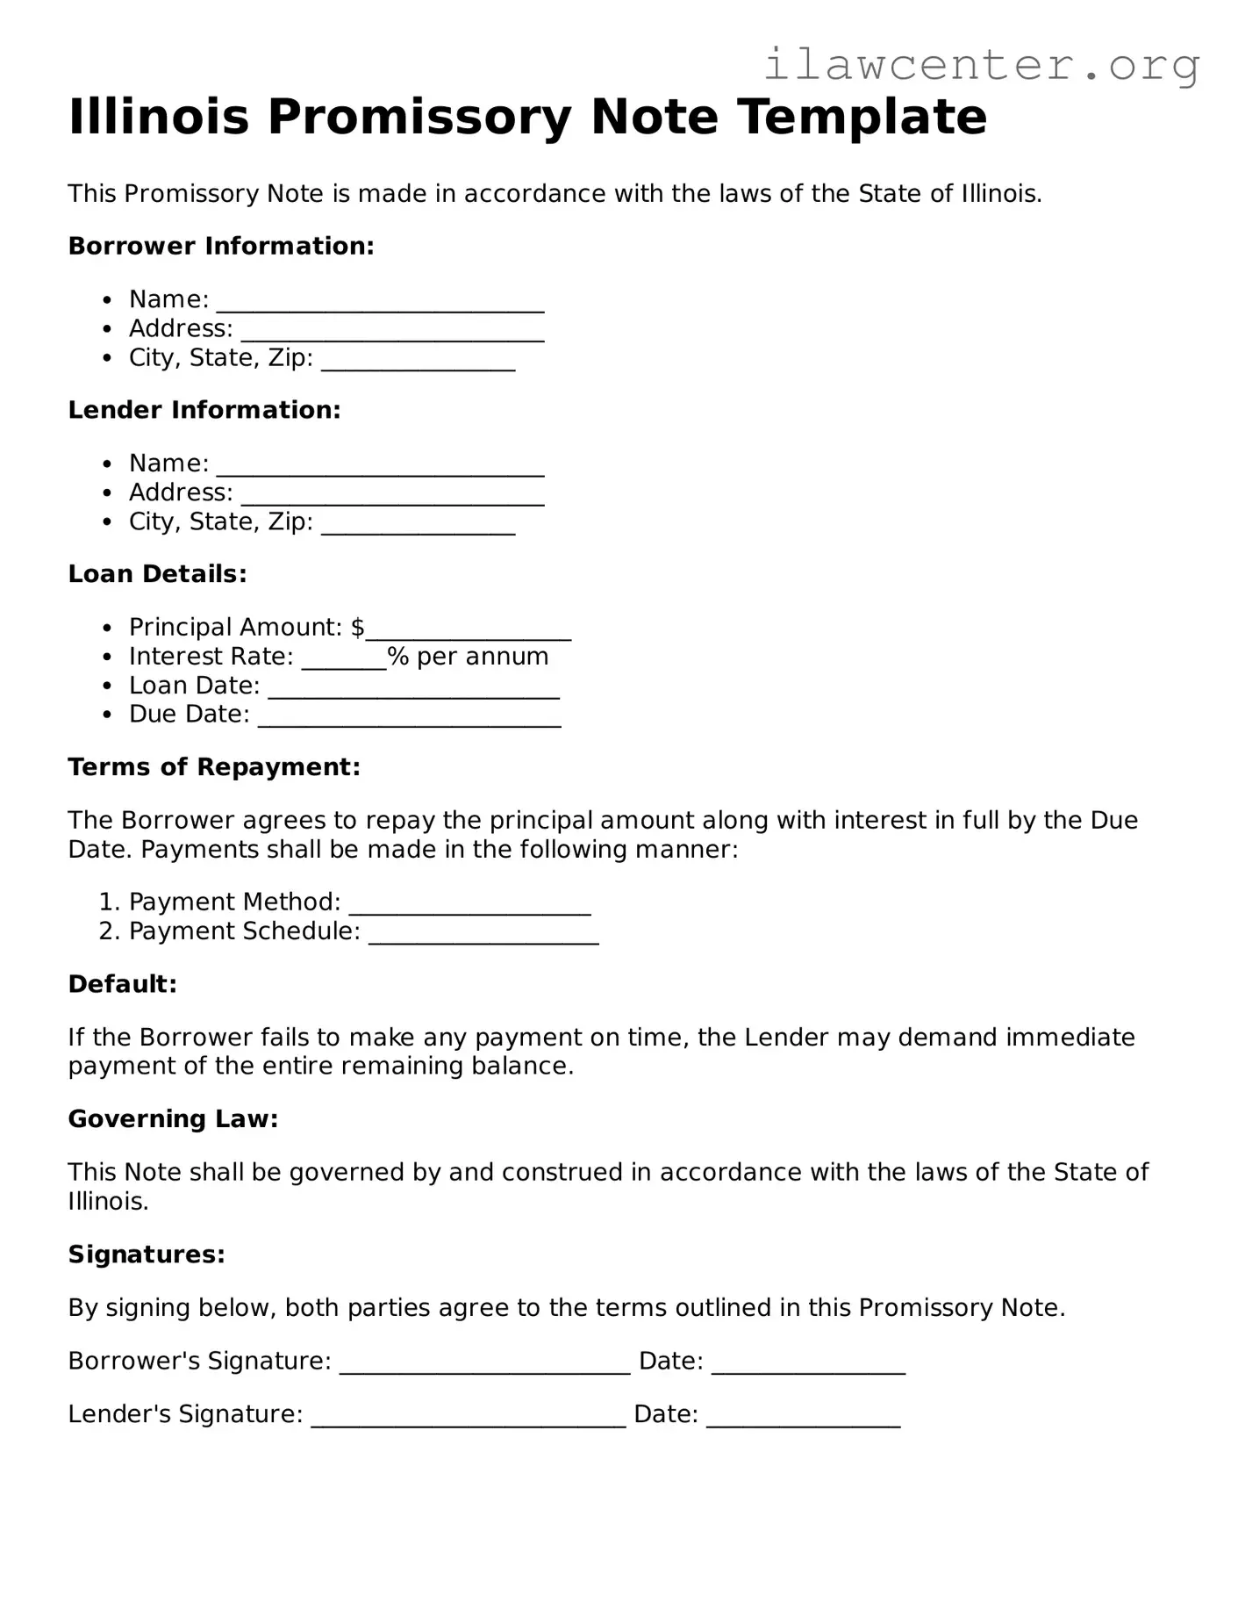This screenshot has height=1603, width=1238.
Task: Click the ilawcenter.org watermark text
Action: click(981, 66)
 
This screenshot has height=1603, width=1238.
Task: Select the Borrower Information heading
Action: click(221, 246)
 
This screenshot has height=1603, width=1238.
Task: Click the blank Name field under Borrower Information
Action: click(380, 302)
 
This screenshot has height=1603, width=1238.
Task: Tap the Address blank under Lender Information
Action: click(392, 495)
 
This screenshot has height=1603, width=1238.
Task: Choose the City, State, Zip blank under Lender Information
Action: click(418, 524)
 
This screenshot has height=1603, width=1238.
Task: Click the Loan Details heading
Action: click(157, 574)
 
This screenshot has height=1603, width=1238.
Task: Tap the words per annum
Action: click(483, 657)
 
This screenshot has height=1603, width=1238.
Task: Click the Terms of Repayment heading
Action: click(214, 767)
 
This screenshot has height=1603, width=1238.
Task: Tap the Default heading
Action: click(123, 984)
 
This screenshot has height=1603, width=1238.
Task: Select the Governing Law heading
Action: click(173, 1119)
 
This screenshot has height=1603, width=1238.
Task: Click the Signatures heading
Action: click(147, 1254)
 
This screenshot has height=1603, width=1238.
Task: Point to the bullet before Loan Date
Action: click(107, 686)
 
